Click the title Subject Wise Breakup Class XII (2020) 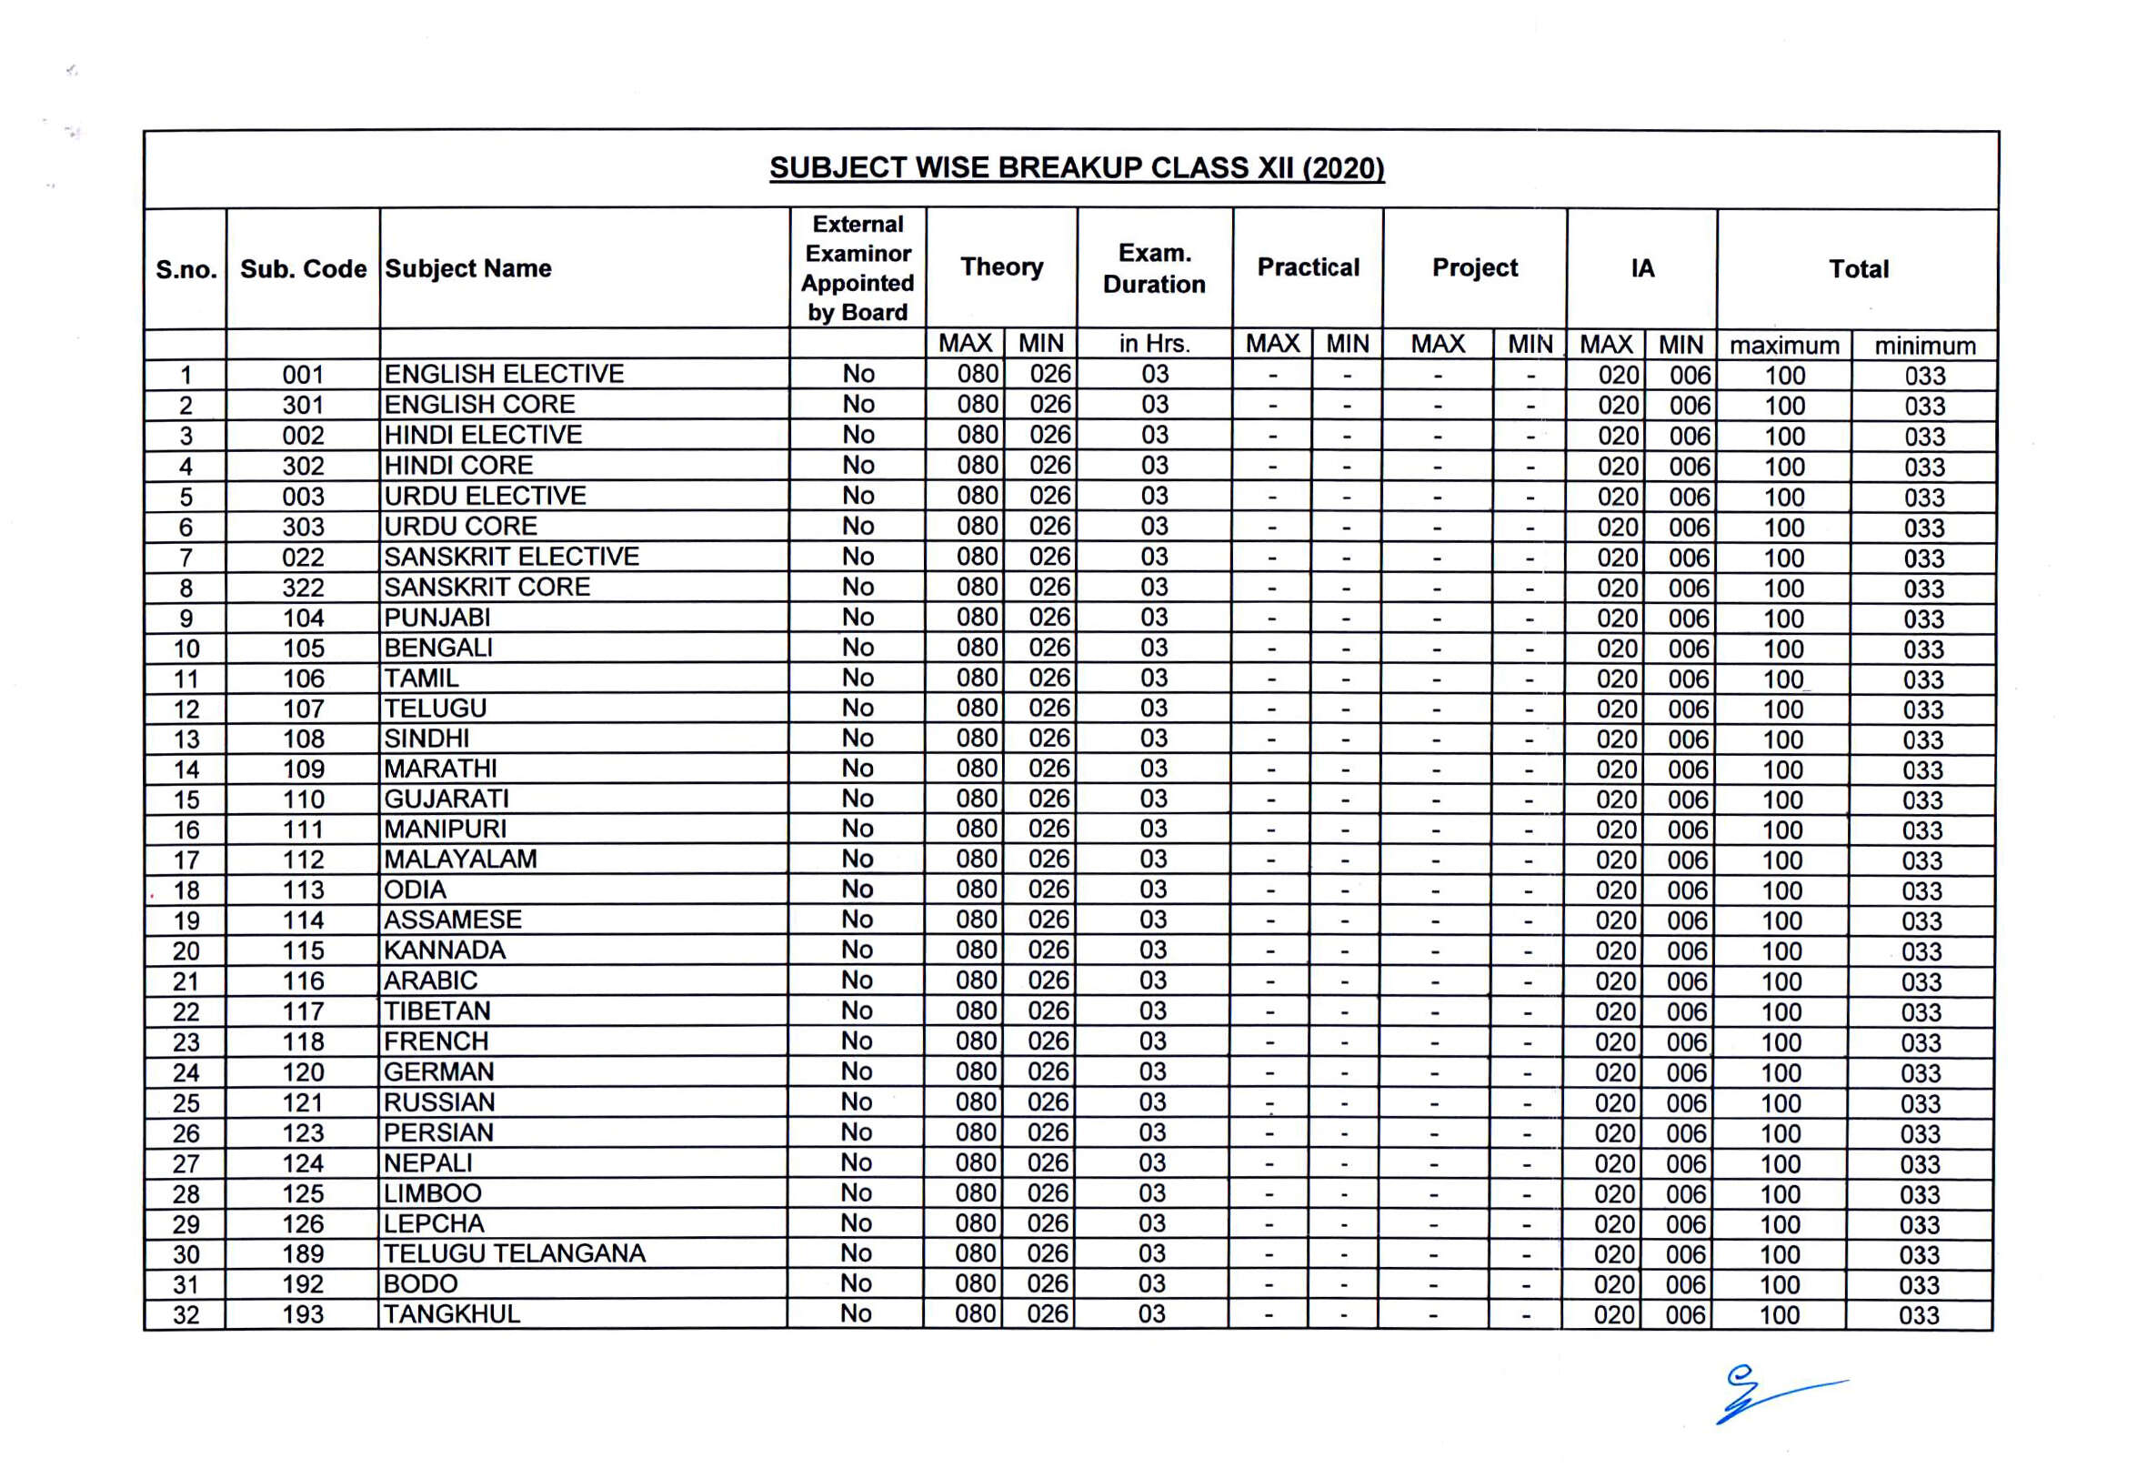pos(1077,168)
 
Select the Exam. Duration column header pos(1154,268)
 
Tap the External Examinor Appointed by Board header pos(858,268)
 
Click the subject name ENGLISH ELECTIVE pos(504,374)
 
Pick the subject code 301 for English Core pos(303,406)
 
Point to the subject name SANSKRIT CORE pos(487,588)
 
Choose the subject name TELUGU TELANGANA pos(515,1253)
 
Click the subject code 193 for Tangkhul pos(303,1314)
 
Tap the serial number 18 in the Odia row pos(186,890)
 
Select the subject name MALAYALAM pos(460,860)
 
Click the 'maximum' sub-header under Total pos(1784,346)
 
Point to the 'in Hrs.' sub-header pos(1154,345)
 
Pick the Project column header pos(1474,268)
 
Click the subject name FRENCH pos(436,1042)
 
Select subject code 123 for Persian pos(303,1133)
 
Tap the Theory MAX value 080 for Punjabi pos(977,618)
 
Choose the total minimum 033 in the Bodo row pos(1919,1285)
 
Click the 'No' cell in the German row pos(857,1071)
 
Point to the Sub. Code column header pos(303,269)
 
